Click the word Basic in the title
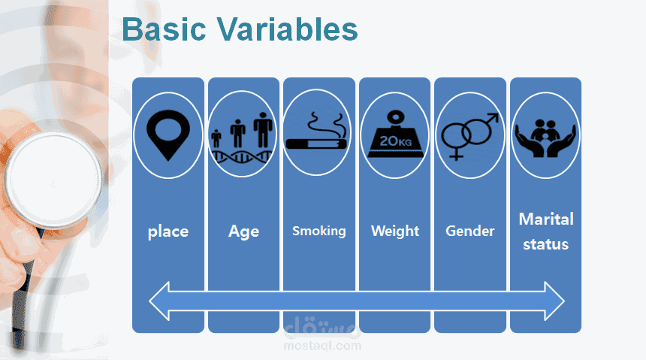tap(164, 29)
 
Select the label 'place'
tap(168, 231)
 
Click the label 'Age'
tap(243, 231)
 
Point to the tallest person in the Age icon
tap(263, 130)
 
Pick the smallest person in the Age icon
tap(216, 138)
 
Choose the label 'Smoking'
tap(319, 231)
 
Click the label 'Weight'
tap(394, 231)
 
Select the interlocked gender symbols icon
tap(469, 136)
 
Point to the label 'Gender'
tap(469, 231)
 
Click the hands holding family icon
tap(545, 138)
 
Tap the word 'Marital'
tap(546, 219)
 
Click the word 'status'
tap(545, 244)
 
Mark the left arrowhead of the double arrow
tap(159, 301)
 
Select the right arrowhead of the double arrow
tap(554, 301)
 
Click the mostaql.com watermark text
tap(322, 346)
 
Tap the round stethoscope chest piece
tap(53, 180)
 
